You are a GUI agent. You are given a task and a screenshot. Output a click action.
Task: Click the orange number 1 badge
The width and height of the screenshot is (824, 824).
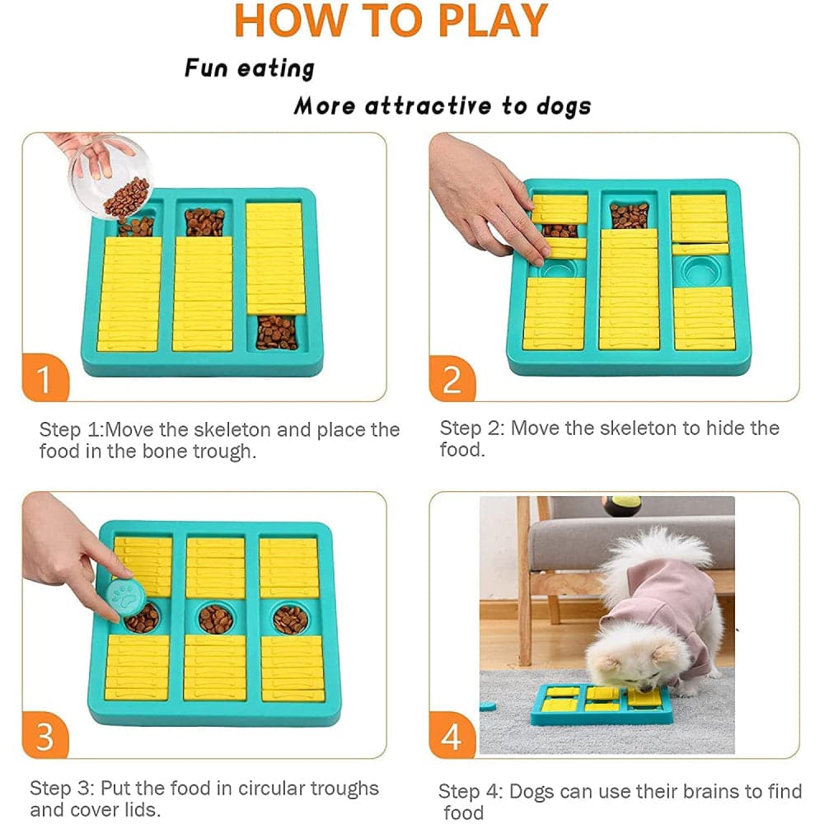[45, 378]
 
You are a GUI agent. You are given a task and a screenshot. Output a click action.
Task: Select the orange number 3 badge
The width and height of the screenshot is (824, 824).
[45, 735]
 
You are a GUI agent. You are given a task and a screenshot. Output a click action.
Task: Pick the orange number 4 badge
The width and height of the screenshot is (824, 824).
[452, 735]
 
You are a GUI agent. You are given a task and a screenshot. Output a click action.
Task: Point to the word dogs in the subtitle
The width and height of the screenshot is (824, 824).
[564, 106]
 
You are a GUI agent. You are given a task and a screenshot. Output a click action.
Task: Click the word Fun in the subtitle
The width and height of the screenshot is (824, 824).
[206, 68]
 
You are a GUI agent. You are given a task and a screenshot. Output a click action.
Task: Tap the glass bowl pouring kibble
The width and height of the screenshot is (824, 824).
[110, 176]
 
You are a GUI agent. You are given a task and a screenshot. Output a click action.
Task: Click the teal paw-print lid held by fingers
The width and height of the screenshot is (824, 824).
[125, 600]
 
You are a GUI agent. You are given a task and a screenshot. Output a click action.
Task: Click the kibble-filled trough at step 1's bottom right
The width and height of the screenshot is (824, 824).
[276, 333]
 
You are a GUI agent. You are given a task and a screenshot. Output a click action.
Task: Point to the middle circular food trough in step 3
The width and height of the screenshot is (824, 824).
[215, 619]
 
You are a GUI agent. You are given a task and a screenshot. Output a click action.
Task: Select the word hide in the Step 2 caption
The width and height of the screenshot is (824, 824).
[725, 428]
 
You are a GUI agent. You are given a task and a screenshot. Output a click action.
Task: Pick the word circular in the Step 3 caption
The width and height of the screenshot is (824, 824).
[270, 789]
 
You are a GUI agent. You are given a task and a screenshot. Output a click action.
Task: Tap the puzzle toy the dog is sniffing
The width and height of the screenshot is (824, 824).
[602, 705]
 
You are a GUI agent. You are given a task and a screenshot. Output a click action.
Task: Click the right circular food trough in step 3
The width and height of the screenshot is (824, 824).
[290, 619]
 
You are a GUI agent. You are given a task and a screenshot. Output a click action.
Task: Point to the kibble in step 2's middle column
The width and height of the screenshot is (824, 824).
[629, 215]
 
